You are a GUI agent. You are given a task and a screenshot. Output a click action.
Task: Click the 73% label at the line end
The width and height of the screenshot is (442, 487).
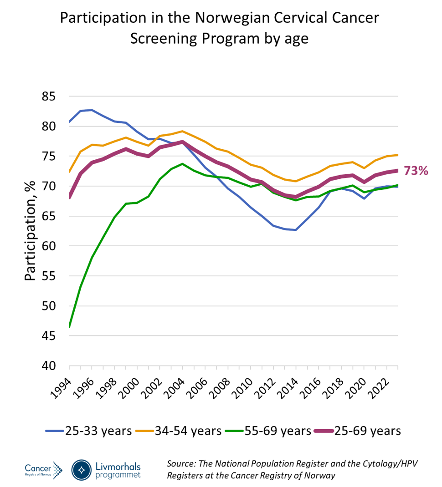click(416, 171)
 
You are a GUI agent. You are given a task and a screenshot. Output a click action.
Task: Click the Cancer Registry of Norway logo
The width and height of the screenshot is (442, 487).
click(43, 470)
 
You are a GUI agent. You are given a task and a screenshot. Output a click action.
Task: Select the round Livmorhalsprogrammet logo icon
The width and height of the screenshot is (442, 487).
click(82, 470)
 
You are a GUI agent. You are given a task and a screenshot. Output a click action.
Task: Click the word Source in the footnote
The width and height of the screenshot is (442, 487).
click(181, 464)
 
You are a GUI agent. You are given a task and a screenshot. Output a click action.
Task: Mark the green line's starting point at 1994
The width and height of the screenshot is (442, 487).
click(69, 326)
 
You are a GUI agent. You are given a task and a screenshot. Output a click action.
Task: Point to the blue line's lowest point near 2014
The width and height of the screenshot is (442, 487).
click(296, 230)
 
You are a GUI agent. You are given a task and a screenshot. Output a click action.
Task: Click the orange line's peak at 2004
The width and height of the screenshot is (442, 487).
click(182, 131)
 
